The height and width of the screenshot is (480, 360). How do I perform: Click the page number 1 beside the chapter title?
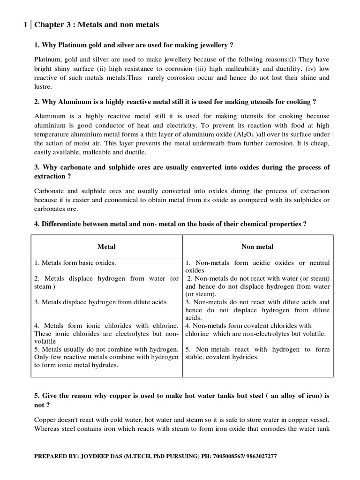tap(25, 24)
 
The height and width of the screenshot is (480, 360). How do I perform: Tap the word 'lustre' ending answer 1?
tap(43, 87)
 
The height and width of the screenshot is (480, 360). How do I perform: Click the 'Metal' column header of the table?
tap(106, 246)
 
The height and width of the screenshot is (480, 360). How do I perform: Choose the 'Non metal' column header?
tap(257, 246)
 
